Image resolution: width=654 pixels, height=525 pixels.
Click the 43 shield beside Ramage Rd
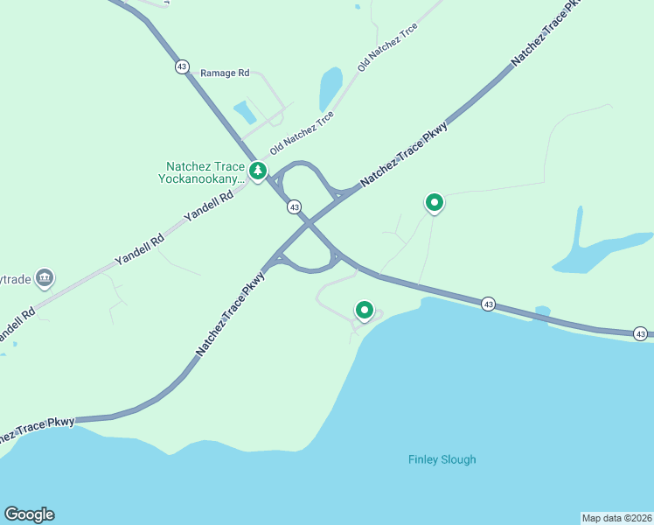pyautogui.click(x=182, y=66)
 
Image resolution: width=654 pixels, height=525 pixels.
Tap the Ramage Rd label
pyautogui.click(x=225, y=73)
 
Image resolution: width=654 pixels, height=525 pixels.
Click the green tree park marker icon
pyautogui.click(x=257, y=171)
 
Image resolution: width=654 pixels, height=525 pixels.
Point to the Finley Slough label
pyautogui.click(x=442, y=459)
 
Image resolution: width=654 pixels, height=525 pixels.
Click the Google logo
pyautogui.click(x=29, y=514)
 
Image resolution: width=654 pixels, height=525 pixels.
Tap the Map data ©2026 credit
pyautogui.click(x=616, y=518)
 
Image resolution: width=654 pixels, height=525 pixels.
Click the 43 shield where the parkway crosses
pyautogui.click(x=295, y=207)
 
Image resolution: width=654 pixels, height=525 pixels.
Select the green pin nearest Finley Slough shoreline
pyautogui.click(x=365, y=311)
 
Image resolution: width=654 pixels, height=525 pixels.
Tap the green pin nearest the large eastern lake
pyautogui.click(x=434, y=203)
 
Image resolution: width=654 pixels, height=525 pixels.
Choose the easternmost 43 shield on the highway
pyautogui.click(x=641, y=333)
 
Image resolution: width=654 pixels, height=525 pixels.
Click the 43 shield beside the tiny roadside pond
pyautogui.click(x=488, y=304)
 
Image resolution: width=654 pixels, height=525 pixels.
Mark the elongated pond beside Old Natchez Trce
pyautogui.click(x=330, y=89)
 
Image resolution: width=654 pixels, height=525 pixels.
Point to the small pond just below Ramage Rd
pyautogui.click(x=245, y=112)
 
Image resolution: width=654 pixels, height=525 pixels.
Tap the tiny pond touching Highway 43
pyautogui.click(x=542, y=311)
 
